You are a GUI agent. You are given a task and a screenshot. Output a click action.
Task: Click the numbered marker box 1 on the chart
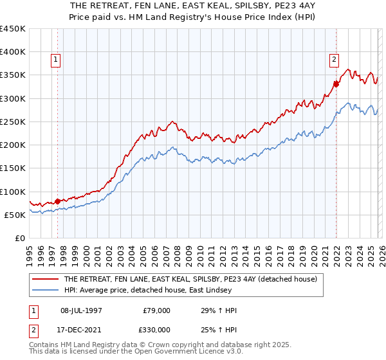click(x=57, y=60)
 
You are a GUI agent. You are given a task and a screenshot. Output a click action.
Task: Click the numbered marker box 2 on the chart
click(x=335, y=60)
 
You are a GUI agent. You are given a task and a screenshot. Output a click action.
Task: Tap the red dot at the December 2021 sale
click(x=336, y=84)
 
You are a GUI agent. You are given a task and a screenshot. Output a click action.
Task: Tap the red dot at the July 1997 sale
click(x=57, y=201)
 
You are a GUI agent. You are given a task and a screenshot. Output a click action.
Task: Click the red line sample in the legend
click(x=45, y=280)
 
